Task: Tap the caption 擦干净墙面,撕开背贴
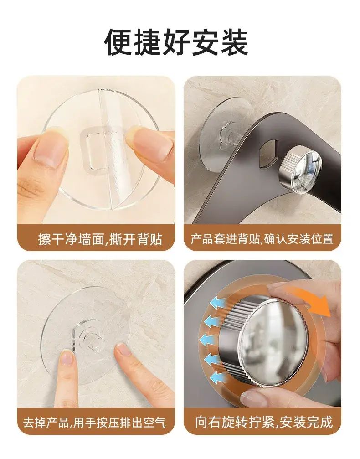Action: click(x=100, y=239)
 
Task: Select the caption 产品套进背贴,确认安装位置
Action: click(x=262, y=239)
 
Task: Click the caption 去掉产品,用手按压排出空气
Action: click(x=94, y=423)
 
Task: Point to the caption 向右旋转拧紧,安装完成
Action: click(x=264, y=422)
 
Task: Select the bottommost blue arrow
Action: click(x=218, y=377)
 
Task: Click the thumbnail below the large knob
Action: click(x=253, y=398)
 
